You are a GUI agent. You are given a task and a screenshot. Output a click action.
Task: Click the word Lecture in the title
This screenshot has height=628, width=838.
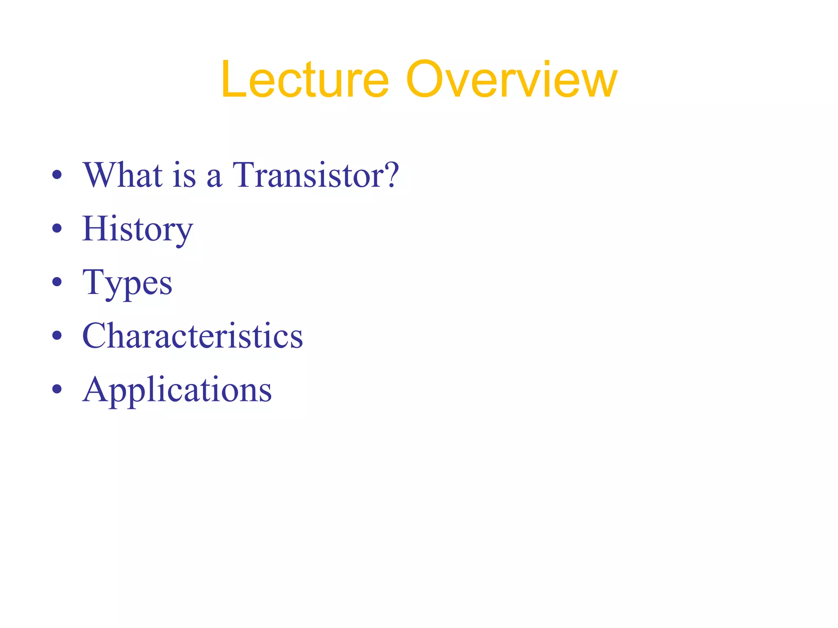304,80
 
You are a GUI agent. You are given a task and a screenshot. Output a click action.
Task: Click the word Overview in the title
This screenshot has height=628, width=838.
511,80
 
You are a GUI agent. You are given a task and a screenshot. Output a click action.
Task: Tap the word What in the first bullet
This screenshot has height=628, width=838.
123,175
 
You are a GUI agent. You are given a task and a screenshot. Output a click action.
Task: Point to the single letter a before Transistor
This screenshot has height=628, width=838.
214,178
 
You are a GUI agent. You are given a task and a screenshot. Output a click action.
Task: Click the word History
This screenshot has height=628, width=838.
137,229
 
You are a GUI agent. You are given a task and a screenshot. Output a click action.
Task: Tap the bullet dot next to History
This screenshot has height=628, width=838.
57,229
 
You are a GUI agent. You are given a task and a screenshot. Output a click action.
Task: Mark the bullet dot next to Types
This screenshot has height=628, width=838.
57,283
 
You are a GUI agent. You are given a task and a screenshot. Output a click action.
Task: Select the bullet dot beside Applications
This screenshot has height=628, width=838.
57,390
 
